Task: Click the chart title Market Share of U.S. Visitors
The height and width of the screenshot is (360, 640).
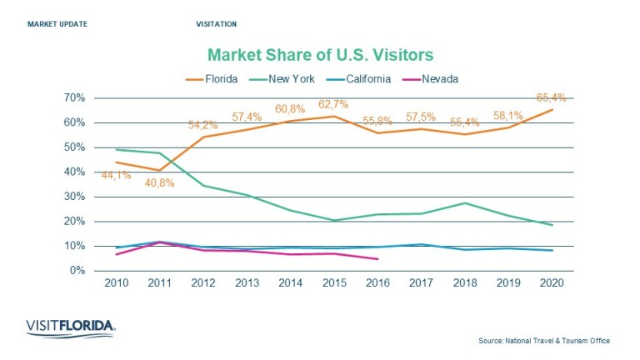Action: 320,56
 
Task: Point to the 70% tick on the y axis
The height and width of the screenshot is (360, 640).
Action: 74,97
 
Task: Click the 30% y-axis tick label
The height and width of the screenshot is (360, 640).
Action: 74,197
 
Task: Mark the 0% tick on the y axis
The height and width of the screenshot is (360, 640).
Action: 77,271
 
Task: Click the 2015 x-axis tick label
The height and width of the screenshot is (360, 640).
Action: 334,283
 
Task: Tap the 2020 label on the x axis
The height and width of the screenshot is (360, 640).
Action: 551,283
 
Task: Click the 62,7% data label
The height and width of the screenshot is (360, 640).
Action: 334,105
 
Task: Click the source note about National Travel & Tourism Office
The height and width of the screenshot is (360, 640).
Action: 544,341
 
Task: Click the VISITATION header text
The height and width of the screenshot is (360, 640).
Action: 216,24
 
